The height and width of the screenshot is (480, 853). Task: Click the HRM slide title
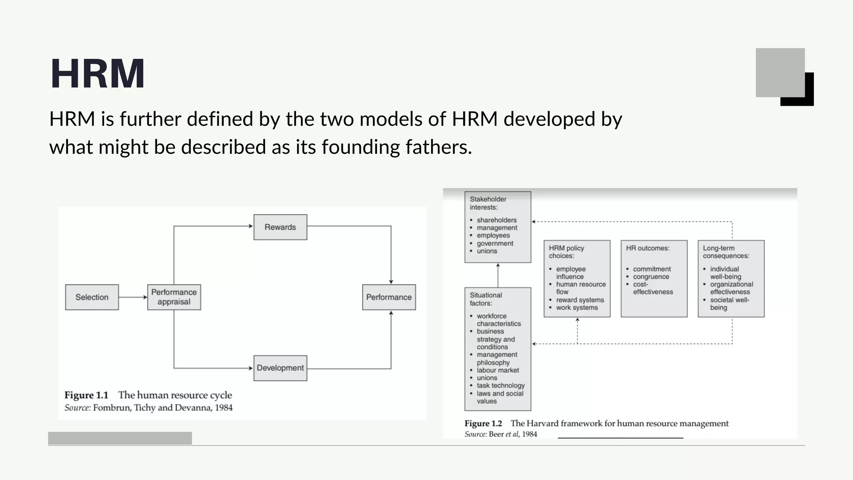coord(97,74)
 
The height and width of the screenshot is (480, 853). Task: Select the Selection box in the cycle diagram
coord(92,297)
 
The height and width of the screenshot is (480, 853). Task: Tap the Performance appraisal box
coord(174,297)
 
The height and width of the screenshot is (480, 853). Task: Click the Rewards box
coord(280,227)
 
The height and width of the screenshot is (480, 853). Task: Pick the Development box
coord(280,368)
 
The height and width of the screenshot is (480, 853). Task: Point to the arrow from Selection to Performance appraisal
coord(132,297)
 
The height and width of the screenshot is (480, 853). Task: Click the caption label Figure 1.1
coord(86,395)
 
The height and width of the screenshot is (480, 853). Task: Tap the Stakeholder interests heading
coord(488,203)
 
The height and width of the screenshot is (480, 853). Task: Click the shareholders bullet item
coord(496,220)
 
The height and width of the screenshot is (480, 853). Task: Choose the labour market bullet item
coord(498,370)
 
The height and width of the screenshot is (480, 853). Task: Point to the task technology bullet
coord(501,385)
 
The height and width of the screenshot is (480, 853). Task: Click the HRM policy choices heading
coord(566,252)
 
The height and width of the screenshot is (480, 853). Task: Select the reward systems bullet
coord(580,300)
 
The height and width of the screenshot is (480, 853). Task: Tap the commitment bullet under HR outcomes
coord(652,269)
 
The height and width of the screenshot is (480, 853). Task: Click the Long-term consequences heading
coord(726,252)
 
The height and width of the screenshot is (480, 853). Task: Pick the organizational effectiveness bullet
coord(731,288)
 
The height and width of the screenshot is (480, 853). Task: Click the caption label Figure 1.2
coord(483,423)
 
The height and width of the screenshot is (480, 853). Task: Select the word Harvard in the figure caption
coord(542,423)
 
